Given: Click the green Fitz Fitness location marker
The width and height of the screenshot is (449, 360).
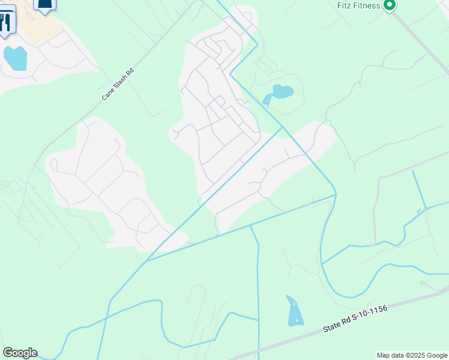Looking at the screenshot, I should pos(389,6).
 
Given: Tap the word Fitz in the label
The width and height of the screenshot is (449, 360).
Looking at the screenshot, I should pos(344,6).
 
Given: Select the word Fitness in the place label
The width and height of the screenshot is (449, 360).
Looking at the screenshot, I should pos(367,6).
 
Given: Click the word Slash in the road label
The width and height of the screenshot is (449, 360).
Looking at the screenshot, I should pos(119,82).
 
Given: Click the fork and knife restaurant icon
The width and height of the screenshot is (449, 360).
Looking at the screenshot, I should pos(5,22).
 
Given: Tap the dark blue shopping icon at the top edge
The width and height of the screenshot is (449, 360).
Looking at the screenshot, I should pos(44,5).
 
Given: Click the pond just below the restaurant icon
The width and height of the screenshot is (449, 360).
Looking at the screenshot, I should pos(15,58).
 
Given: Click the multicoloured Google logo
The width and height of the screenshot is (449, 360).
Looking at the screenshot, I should pos(20,353).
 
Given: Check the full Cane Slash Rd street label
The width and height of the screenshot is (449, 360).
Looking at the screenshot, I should pos(118,83).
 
